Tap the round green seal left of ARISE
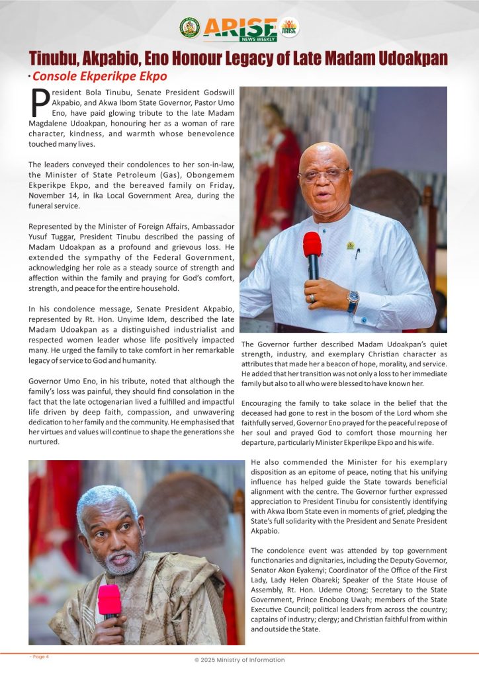point(189,27)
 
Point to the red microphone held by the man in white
point(312,246)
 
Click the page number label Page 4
point(39,657)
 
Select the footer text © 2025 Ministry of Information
point(239,660)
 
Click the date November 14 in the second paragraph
point(55,196)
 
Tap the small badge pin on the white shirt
point(350,245)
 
